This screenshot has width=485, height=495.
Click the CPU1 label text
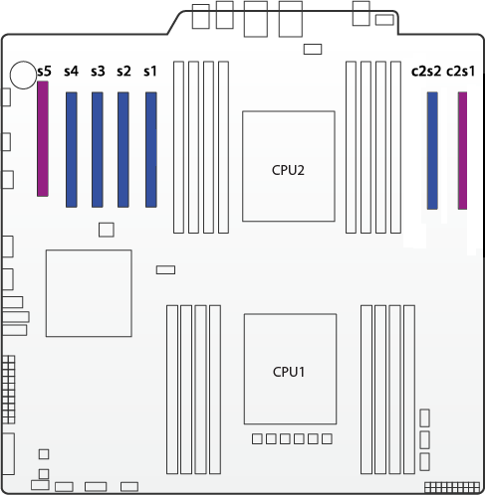click(289, 372)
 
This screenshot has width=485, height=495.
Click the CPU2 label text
click(288, 170)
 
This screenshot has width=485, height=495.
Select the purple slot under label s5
click(43, 139)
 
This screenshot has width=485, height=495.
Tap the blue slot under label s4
click(72, 150)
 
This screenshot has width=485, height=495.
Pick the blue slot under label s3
click(98, 150)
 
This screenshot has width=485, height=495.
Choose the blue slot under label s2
click(123, 150)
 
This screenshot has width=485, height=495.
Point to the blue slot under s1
click(151, 150)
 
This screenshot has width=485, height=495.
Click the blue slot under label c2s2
click(432, 151)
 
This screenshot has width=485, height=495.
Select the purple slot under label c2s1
click(463, 151)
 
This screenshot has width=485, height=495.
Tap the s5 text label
click(45, 72)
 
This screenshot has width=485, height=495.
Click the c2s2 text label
click(426, 72)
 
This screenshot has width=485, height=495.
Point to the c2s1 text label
click(461, 72)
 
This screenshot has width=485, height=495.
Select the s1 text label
click(150, 72)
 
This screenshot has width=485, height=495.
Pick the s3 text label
click(98, 72)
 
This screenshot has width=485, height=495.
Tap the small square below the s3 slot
click(107, 230)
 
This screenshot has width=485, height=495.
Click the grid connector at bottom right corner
click(452, 487)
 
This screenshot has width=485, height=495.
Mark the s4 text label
click(72, 72)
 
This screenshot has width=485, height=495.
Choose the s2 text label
click(123, 72)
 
